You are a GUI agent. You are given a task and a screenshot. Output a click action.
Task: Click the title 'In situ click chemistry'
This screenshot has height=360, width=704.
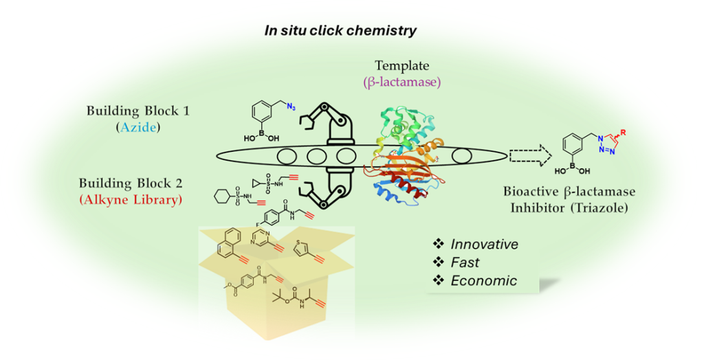click(340, 30)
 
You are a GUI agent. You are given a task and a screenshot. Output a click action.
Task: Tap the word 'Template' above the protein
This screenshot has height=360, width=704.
click(401, 66)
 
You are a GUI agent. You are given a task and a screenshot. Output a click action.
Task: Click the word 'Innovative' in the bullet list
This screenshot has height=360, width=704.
click(484, 244)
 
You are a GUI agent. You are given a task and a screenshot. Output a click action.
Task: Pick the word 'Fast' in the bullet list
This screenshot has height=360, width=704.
click(465, 262)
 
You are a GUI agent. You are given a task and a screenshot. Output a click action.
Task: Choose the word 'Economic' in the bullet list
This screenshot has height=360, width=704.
click(483, 280)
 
